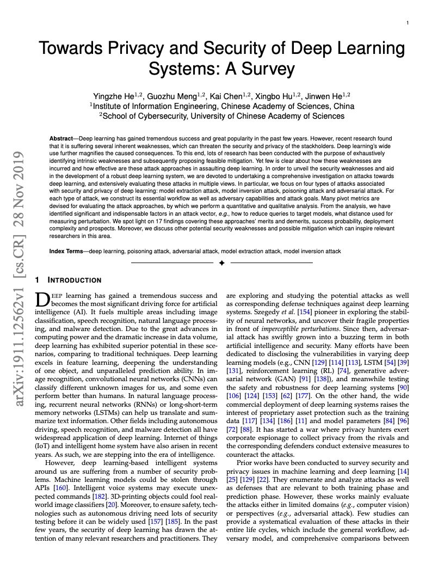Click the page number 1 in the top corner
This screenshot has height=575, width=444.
click(x=408, y=23)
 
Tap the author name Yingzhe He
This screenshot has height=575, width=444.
click(x=113, y=96)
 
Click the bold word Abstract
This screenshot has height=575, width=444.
click(x=61, y=139)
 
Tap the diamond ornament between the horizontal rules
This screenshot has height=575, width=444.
click(x=221, y=264)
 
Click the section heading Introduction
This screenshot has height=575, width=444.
click(x=74, y=280)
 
